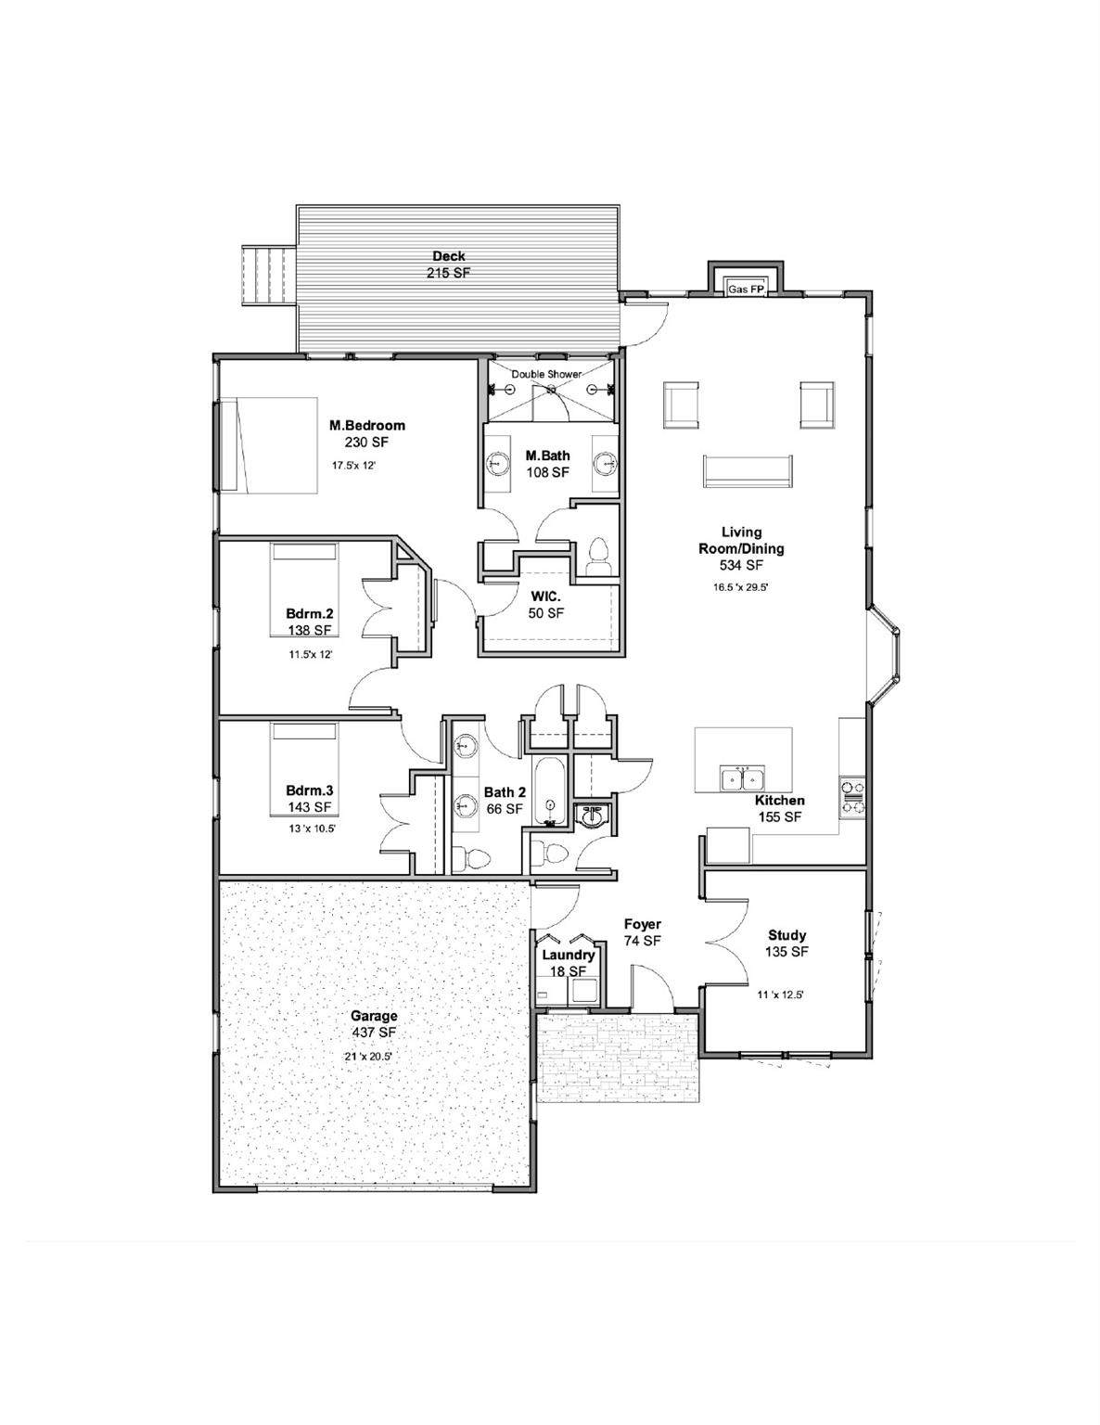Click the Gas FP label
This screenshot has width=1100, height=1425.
pos(746,289)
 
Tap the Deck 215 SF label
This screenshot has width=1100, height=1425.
pos(448,264)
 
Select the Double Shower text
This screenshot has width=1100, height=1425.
pos(546,374)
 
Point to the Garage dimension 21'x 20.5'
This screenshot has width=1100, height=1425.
pos(368,1057)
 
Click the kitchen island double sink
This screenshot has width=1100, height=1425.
pos(742,777)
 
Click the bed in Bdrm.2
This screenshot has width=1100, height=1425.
pos(303,589)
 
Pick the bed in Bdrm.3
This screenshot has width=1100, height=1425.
pos(303,769)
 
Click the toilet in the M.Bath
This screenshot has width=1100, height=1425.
pos(596,558)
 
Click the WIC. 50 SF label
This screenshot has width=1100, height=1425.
pos(546,605)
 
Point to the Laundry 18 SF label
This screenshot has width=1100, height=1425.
pos(568,963)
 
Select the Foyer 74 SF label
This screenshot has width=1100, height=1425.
pos(643,932)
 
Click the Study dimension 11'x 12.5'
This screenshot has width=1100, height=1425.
pos(780,995)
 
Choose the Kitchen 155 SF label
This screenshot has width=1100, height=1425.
pos(779,809)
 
